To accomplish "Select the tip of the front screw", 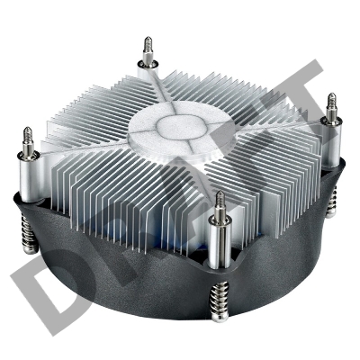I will tap(220, 193).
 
